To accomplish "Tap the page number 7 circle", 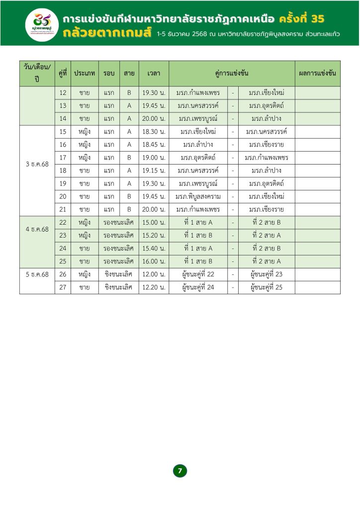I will (180, 470).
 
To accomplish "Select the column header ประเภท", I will (85, 73).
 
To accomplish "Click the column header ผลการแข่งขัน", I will (318, 73).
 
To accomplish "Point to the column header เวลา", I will (154, 73).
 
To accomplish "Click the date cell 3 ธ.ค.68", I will (37, 164).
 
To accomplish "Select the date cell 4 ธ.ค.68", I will (37, 229).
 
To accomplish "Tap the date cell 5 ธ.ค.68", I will (37, 274).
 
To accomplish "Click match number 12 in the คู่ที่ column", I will (63, 93).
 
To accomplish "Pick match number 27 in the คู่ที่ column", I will (63, 287).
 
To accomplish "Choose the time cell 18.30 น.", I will (154, 132).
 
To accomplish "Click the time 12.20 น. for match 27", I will (154, 287).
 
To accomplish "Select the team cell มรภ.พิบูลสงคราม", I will (198, 196).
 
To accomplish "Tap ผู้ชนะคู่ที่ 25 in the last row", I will (266, 287).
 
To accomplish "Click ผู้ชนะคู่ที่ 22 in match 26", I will (198, 274).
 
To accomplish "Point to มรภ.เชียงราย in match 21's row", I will (266, 209).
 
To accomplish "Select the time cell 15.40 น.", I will (154, 248).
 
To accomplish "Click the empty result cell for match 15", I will (318, 132).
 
